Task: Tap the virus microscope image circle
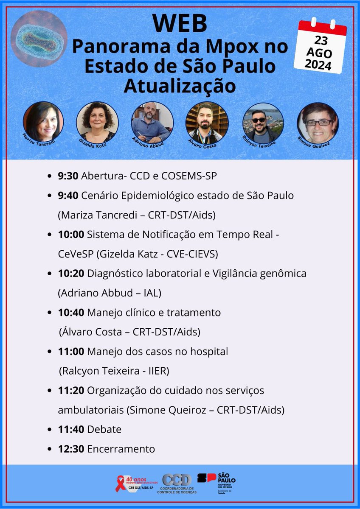[x=39, y=39]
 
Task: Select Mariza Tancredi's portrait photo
[x=43, y=121]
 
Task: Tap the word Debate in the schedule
[x=104, y=429]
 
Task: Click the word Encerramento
[x=121, y=449]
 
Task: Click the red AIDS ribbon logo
[x=121, y=484]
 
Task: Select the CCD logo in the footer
[x=177, y=480]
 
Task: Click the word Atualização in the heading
[x=180, y=86]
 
